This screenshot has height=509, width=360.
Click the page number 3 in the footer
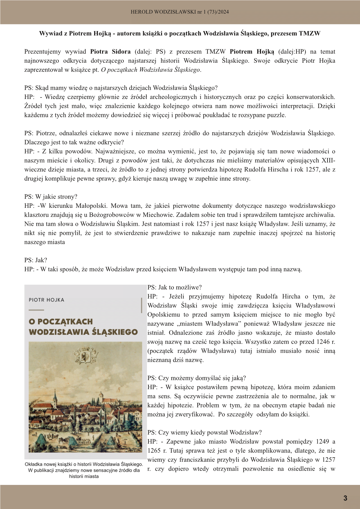tap(345, 498)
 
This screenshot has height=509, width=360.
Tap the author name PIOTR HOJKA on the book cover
tap(46, 300)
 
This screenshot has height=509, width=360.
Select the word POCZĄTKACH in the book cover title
tap(65, 322)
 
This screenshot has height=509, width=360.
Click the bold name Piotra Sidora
tap(110, 52)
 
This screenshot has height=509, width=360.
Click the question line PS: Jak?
tap(36, 260)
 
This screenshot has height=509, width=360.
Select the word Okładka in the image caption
tap(34, 465)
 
